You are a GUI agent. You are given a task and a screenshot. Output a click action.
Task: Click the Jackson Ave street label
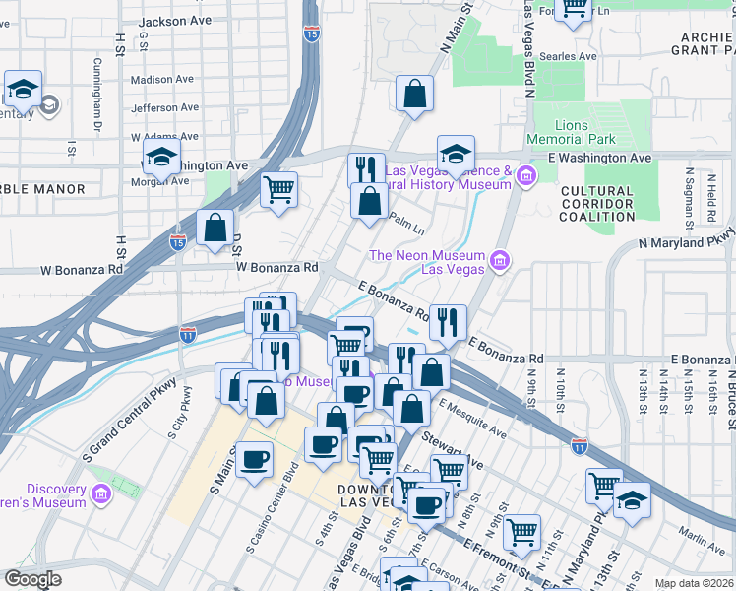(x=175, y=21)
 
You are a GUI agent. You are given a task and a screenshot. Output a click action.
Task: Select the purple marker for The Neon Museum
(x=500, y=261)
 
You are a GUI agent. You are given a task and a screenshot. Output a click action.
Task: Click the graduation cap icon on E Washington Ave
(x=456, y=156)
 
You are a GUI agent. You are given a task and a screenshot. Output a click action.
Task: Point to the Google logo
(x=32, y=579)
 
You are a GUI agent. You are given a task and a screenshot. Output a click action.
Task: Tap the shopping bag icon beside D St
(x=215, y=230)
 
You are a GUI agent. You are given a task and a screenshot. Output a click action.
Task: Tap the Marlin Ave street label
(x=701, y=536)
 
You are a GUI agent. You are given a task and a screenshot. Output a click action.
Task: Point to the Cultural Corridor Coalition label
(x=598, y=204)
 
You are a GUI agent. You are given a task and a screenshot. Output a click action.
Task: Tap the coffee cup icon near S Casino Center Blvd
(x=254, y=460)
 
